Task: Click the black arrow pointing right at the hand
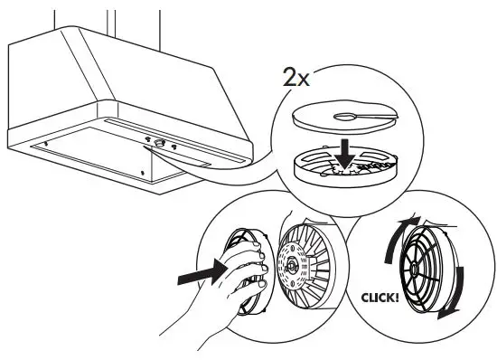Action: coord(201,269)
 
